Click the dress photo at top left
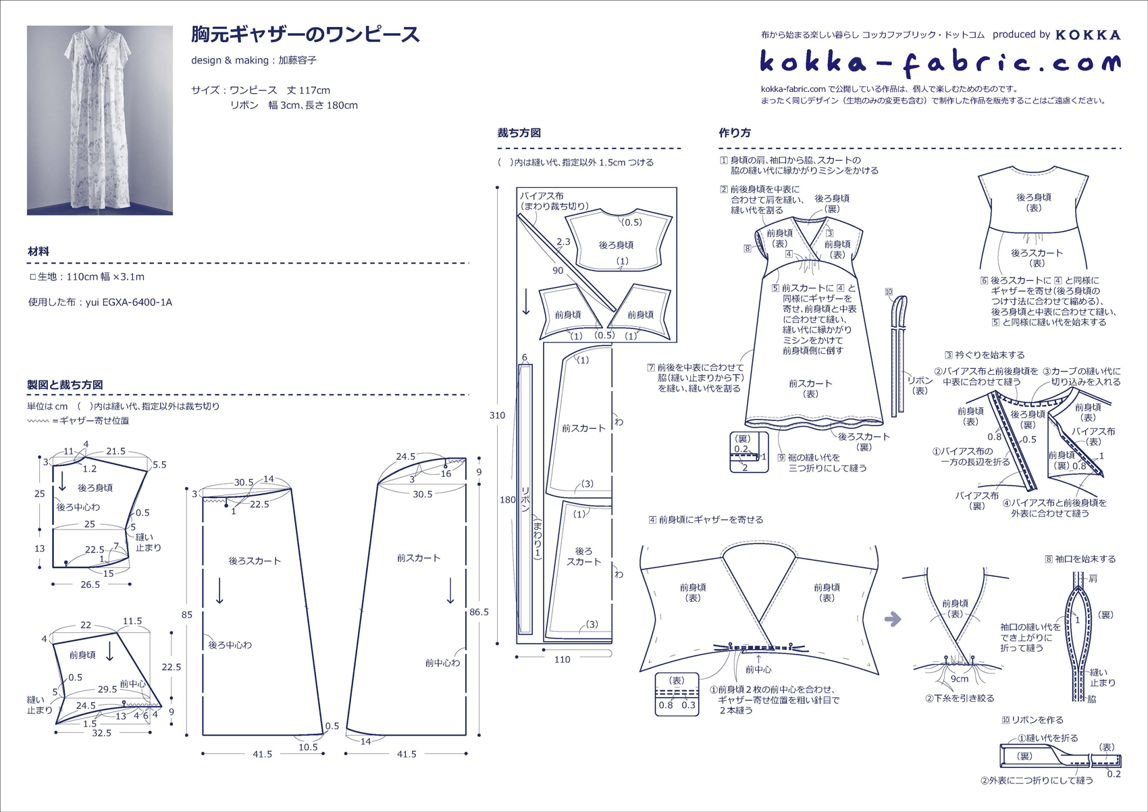pyautogui.click(x=100, y=120)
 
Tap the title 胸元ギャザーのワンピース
pyautogui.click(x=305, y=35)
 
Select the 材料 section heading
pyautogui.click(x=38, y=251)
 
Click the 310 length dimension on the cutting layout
pyautogui.click(x=497, y=415)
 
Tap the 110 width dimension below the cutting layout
pyautogui.click(x=563, y=660)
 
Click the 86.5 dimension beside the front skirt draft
pyautogui.click(x=479, y=612)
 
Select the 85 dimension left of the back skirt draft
pyautogui.click(x=187, y=615)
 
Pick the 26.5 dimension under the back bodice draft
pyautogui.click(x=90, y=584)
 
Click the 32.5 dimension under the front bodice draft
pyautogui.click(x=101, y=733)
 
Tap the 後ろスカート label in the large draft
pyautogui.click(x=255, y=561)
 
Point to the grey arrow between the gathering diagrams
pyautogui.click(x=893, y=619)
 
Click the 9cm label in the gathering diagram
pyautogui.click(x=960, y=679)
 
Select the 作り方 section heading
pyautogui.click(x=735, y=133)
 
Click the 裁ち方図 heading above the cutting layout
pyautogui.click(x=519, y=133)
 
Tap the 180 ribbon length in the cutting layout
pyautogui.click(x=508, y=500)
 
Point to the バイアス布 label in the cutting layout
pyautogui.click(x=542, y=196)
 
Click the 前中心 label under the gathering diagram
pyautogui.click(x=758, y=669)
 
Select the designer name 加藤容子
pyautogui.click(x=297, y=61)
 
